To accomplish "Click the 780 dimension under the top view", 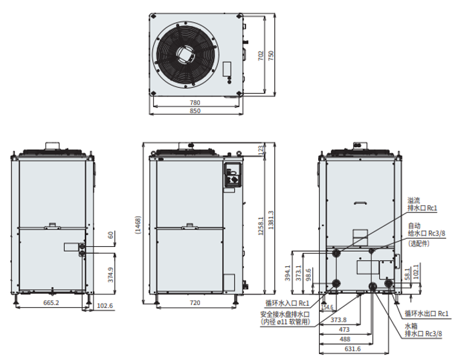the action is coord(195,102).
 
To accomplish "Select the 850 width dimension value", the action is coord(195,111).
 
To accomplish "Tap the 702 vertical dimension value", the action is coord(261,56).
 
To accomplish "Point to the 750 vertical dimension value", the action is coord(271,56).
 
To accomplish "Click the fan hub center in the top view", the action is coord(185,55).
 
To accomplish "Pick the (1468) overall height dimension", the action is coord(138,225).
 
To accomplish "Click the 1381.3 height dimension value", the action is coord(271,220).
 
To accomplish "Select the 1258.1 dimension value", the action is coord(261,226).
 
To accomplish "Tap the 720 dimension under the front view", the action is coord(195,302).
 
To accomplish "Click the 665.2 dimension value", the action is coord(51,302).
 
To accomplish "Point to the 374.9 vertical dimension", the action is coord(111,274).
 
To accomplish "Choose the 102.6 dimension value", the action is coord(104,306).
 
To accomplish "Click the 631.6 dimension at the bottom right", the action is coord(352,349).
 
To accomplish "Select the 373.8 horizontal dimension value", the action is coord(338,320).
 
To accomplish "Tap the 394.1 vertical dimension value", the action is coord(288,273).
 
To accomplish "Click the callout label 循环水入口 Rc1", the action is coord(287,303).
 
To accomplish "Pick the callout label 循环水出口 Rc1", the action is coord(426,314).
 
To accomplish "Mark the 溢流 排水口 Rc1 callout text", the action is coord(422,204).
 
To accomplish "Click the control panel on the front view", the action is coord(233,175).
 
